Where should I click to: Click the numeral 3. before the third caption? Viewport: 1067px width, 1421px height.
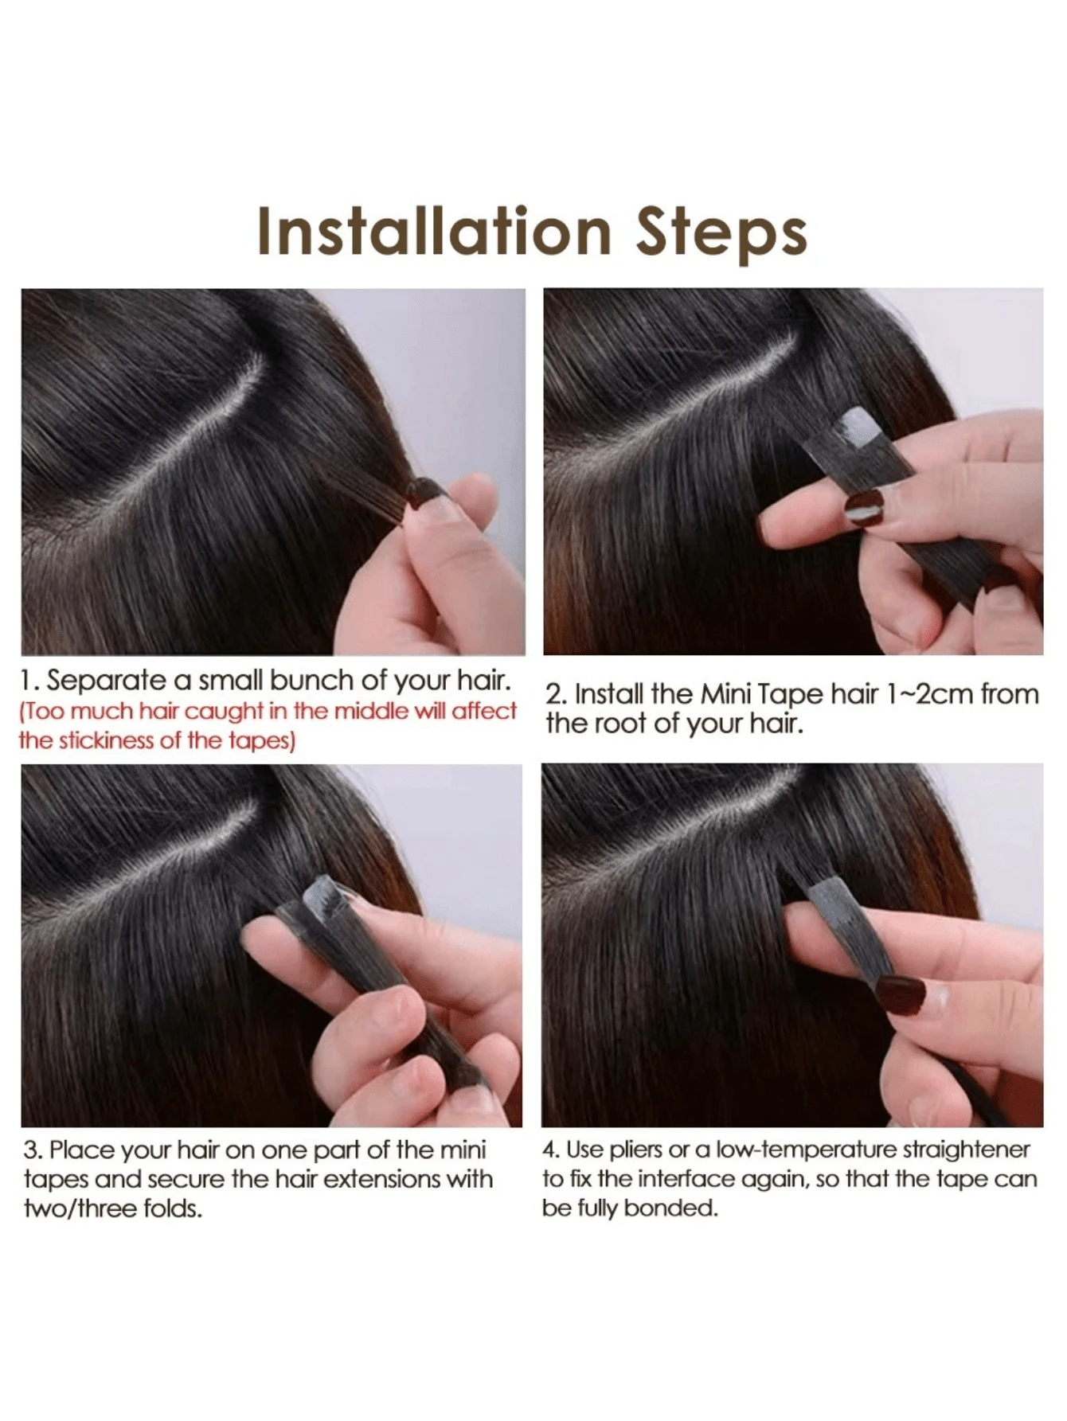coord(33,1150)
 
